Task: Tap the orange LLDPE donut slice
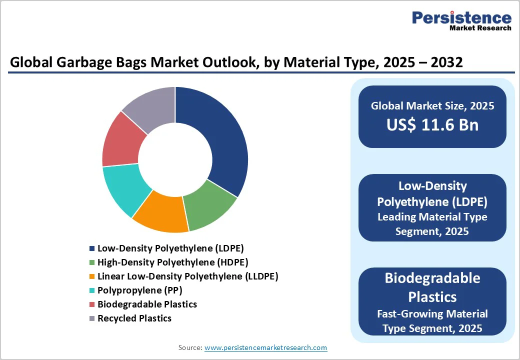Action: click(160, 214)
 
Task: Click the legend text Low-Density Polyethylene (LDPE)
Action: click(170, 248)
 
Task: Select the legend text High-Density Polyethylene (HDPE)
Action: click(172, 262)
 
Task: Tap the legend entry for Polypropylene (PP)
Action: click(139, 290)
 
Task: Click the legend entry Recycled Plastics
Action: click(134, 318)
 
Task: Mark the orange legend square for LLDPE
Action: click(91, 276)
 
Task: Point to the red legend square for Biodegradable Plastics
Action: click(91, 304)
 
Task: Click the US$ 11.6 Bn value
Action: click(432, 125)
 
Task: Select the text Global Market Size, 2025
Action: click(432, 106)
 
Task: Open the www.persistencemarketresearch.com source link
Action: click(265, 347)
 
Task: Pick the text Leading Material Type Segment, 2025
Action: click(432, 224)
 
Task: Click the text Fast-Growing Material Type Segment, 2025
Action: click(432, 321)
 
